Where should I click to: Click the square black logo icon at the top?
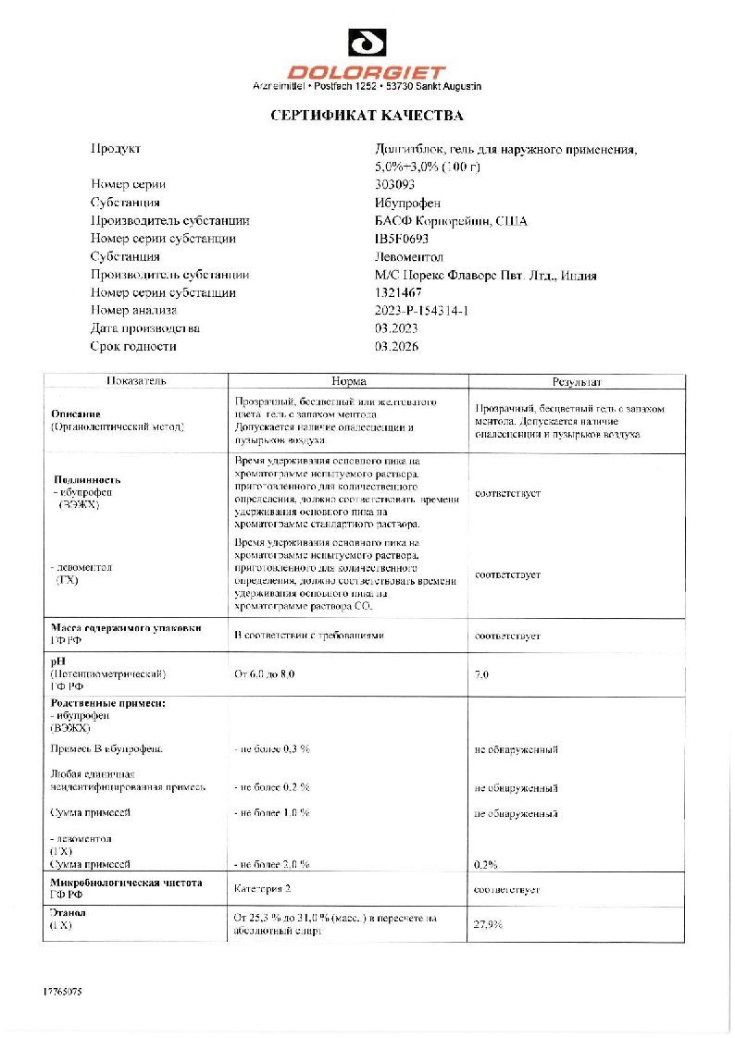(x=367, y=43)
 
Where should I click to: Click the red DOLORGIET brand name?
(x=367, y=72)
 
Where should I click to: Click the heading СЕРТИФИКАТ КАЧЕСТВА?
(x=367, y=117)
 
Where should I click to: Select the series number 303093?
(x=395, y=184)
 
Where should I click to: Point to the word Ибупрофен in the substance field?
(x=408, y=203)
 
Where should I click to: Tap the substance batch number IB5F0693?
(x=402, y=239)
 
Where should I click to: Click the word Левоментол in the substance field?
(x=409, y=256)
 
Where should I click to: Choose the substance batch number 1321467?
(x=398, y=292)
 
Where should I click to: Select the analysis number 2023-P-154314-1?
(x=421, y=311)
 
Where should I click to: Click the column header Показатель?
(x=135, y=381)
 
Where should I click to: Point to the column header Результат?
(x=577, y=381)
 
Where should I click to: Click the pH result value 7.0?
(x=481, y=674)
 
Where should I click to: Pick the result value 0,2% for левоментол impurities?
(x=486, y=864)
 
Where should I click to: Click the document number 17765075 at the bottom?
(x=63, y=992)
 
